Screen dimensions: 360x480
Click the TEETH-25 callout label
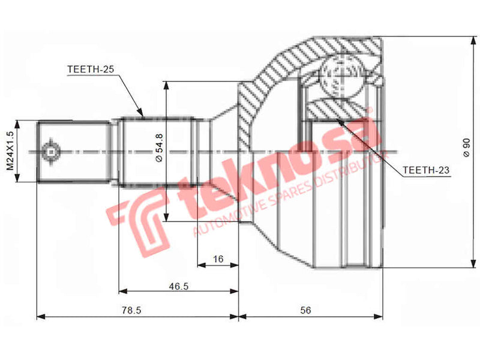tap(90, 70)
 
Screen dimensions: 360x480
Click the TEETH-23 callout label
tap(425, 170)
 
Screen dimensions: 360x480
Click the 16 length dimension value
tap(218, 259)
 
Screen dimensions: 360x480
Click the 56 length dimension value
tap(306, 311)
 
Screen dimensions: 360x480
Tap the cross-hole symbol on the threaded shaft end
tap(51, 151)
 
